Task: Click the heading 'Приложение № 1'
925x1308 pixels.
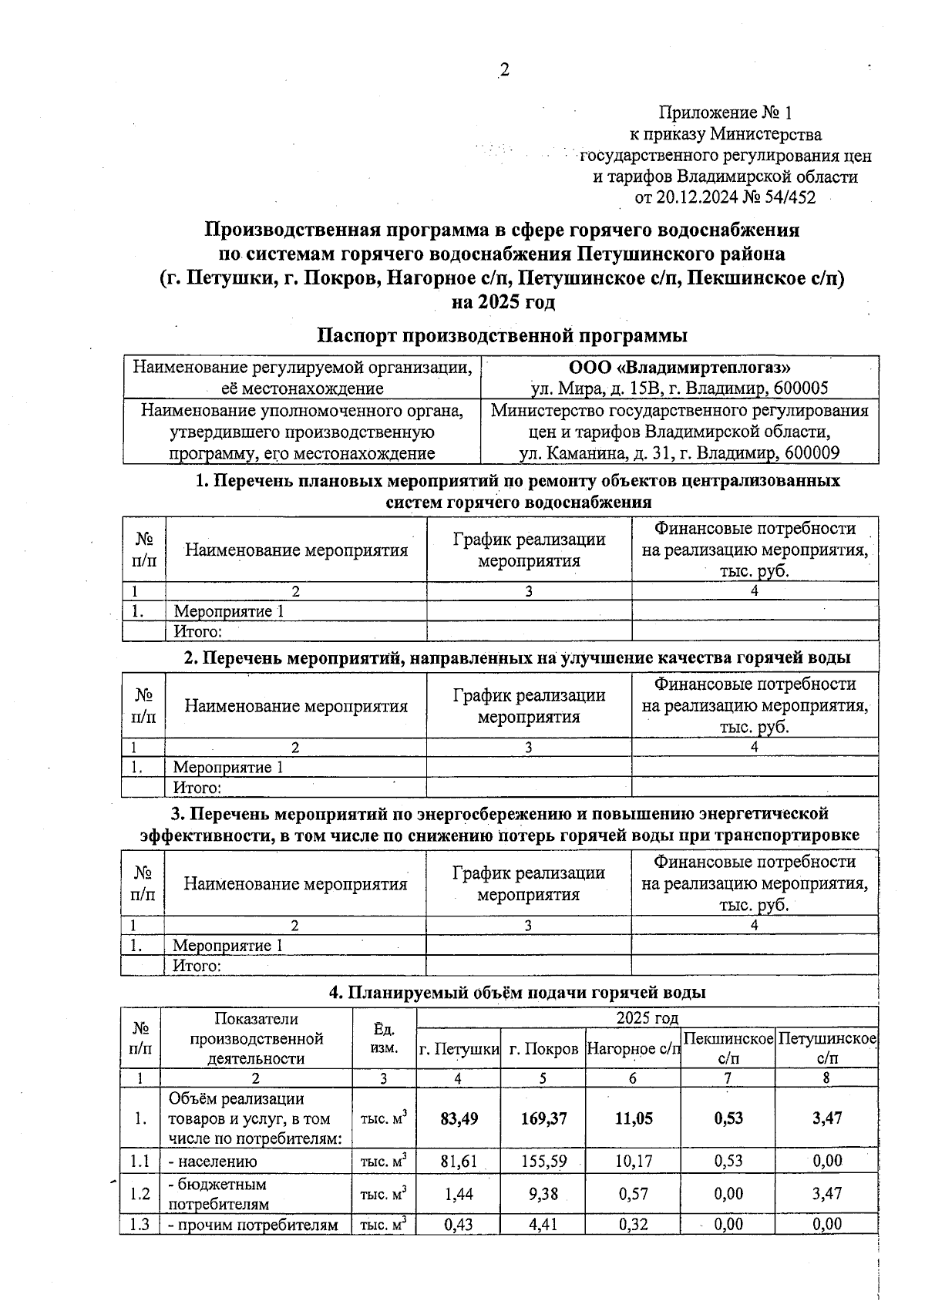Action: click(725, 113)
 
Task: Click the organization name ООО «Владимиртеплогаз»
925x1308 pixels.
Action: click(679, 368)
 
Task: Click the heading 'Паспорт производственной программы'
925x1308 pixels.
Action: click(502, 336)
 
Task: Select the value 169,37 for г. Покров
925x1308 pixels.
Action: click(543, 1118)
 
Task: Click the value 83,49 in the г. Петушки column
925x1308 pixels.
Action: click(458, 1118)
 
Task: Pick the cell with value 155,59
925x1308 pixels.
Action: click(543, 1161)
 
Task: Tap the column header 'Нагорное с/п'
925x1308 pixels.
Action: click(633, 1049)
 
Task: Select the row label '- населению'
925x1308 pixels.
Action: click(213, 1161)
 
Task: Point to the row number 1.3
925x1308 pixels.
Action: click(140, 1223)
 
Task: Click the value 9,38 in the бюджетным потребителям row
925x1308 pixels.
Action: click(543, 1193)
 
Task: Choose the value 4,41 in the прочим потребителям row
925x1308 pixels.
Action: click(543, 1223)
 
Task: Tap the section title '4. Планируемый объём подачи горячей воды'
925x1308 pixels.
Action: click(517, 993)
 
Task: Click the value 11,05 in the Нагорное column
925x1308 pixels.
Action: click(634, 1118)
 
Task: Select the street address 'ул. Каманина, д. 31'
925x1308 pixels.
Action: click(593, 453)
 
